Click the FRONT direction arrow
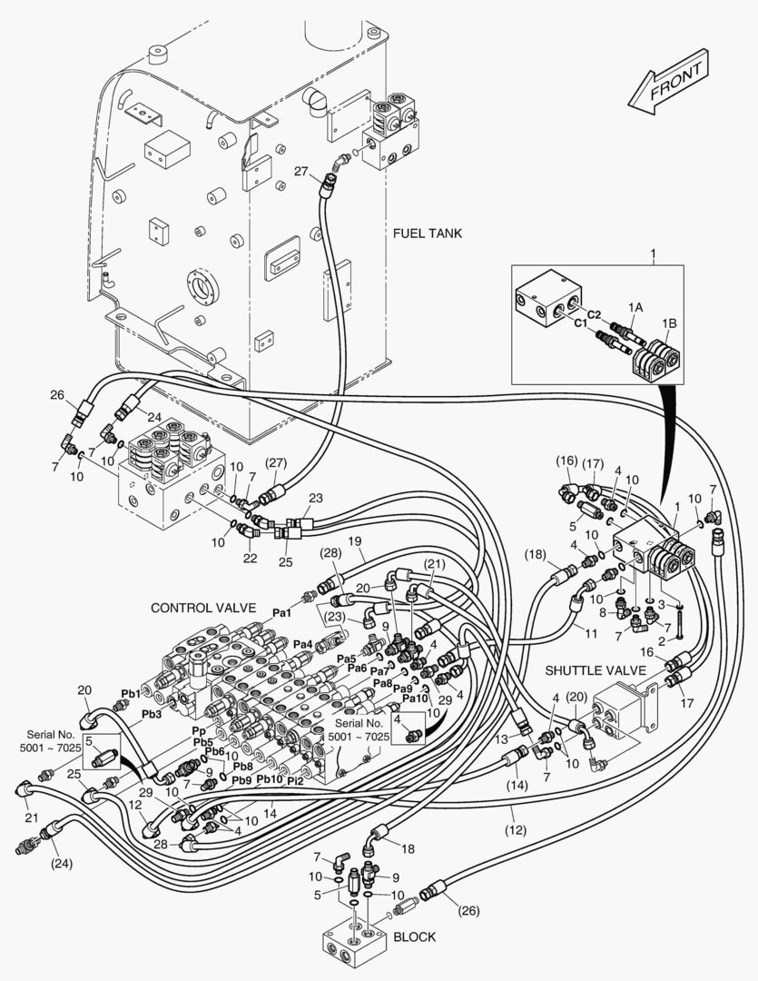tap(668, 82)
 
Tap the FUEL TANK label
tap(428, 233)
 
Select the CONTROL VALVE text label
tap(203, 608)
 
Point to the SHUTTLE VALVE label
tap(596, 670)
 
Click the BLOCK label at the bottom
tap(415, 936)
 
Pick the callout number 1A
tap(635, 307)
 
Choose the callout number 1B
tap(669, 323)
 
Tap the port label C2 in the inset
tap(594, 314)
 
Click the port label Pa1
tap(281, 613)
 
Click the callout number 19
tap(355, 540)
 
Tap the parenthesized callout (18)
tap(536, 554)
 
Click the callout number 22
tap(251, 558)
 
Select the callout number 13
tap(502, 739)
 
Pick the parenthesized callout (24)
tap(61, 864)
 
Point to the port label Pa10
tap(415, 699)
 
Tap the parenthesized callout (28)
tap(330, 553)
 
